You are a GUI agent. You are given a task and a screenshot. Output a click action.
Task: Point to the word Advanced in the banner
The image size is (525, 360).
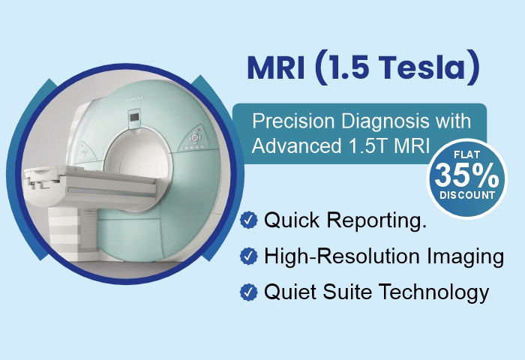click(x=289, y=145)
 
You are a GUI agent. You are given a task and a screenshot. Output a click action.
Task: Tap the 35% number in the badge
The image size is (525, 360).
click(x=466, y=175)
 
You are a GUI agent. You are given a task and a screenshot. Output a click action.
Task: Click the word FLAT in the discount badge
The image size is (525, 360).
click(x=466, y=154)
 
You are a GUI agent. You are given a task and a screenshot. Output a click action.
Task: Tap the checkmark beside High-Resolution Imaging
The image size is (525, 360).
click(x=248, y=256)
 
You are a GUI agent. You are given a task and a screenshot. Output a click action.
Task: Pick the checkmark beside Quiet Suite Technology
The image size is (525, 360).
click(x=248, y=292)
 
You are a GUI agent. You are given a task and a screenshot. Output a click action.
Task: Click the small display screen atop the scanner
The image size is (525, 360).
click(x=136, y=117)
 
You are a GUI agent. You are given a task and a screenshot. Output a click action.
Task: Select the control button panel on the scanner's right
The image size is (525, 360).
click(x=195, y=139)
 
